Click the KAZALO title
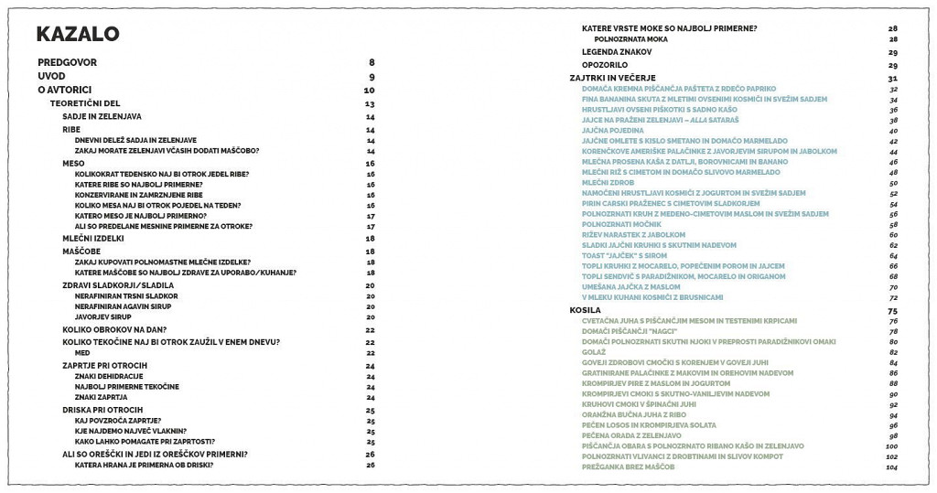click(x=77, y=35)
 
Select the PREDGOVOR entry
click(x=67, y=62)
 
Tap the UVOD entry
click(x=51, y=76)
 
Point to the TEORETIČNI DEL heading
click(x=85, y=103)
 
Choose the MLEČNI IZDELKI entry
click(x=92, y=238)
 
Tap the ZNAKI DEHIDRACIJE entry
click(x=109, y=376)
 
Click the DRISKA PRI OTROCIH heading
click(x=102, y=409)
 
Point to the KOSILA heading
click(x=585, y=311)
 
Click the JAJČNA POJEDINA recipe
click(x=613, y=131)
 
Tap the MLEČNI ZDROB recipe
click(x=608, y=183)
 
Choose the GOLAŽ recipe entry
click(x=594, y=352)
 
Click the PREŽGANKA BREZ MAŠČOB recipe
click(x=628, y=466)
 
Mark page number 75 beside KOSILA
click(x=892, y=311)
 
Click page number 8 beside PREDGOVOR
click(x=372, y=62)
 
